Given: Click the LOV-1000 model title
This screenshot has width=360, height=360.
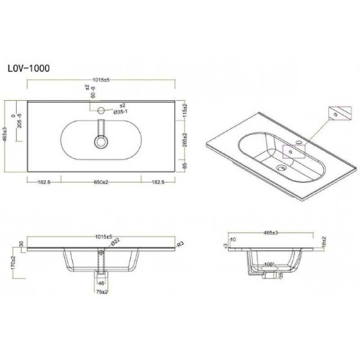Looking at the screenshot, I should click(x=33, y=68).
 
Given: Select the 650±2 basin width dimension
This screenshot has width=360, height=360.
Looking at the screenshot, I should click(x=100, y=181).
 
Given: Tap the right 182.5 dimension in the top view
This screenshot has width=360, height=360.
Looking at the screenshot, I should click(x=158, y=181).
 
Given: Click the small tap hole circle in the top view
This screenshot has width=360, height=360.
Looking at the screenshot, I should click(x=101, y=110).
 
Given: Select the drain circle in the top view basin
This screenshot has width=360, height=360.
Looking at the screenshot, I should click(x=100, y=143).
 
